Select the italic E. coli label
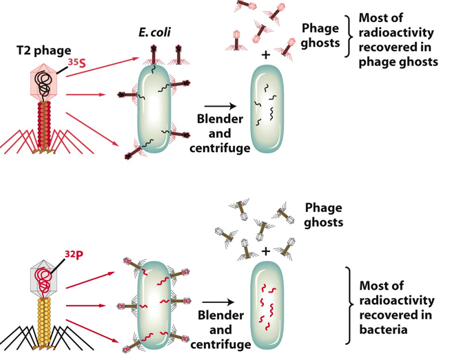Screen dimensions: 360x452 156,32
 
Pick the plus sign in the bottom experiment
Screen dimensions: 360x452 265,251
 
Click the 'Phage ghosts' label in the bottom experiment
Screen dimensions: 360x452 323,215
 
